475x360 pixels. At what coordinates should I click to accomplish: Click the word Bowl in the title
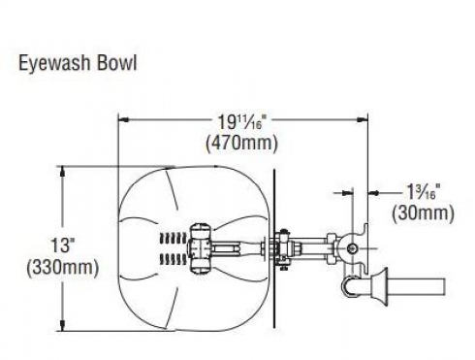pos(117,62)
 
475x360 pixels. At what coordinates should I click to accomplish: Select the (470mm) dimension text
pos(241,143)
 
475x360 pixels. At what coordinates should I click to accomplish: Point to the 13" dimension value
pos(61,245)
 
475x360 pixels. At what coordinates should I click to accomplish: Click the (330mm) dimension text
pos(63,268)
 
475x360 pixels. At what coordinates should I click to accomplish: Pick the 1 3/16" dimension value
pos(424,192)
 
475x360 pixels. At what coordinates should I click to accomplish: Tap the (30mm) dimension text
pos(423,213)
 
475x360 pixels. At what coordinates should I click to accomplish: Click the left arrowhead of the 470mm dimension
pos(124,119)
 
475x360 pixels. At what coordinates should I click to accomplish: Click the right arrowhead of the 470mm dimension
pos(362,119)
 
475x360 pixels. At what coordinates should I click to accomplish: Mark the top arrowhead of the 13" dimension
pos(63,172)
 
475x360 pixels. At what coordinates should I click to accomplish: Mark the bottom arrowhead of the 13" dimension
pos(63,325)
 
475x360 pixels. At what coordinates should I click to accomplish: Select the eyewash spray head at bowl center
pos(201,247)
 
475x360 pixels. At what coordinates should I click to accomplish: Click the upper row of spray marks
pos(174,238)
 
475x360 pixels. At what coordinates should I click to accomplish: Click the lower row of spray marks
pos(174,259)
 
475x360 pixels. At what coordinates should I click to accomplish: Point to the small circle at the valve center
pos(352,248)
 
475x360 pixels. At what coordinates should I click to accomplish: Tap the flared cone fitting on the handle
pos(379,286)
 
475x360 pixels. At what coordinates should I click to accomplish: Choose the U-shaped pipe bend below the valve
pos(351,286)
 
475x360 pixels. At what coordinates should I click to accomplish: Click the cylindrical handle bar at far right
pos(417,286)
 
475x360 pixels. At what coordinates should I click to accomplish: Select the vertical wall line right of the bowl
pos(274,248)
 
